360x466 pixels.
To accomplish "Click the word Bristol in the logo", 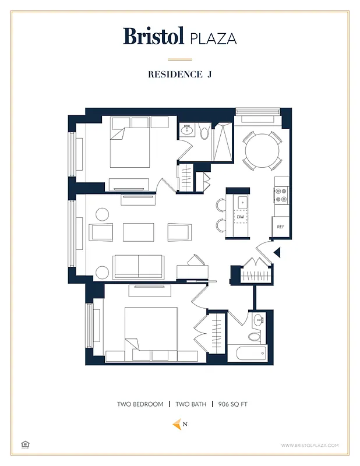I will coord(154,36).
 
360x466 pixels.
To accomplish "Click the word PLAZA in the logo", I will coord(213,38).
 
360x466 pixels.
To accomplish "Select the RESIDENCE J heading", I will coord(179,74).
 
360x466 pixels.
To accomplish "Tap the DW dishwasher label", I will coord(241,217).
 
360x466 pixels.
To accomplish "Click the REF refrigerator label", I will coord(280,227).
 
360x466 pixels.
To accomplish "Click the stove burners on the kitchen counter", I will coord(281,195).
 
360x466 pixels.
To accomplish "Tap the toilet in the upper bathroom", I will coord(204,133).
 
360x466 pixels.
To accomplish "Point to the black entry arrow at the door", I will coord(277,252).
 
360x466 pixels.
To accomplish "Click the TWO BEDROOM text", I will coord(140,404).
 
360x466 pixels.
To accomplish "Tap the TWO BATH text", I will coord(190,404).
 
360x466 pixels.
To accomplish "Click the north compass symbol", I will coord(177,424).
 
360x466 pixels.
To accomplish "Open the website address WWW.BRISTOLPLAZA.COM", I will coord(309,446).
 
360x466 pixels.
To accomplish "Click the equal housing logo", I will coord(25,444).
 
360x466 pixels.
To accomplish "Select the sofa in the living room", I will coord(138,266).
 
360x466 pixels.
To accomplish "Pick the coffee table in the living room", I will coord(139,232).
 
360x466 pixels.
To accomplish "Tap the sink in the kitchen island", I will coord(242,202).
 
